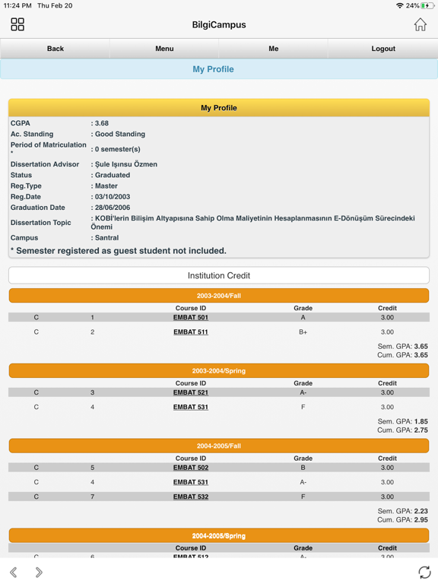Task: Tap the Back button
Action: coord(56,49)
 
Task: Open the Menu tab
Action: coord(164,49)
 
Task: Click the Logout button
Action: coord(383,49)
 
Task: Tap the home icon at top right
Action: coord(420,25)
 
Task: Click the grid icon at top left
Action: coord(17,25)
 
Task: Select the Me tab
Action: coord(274,49)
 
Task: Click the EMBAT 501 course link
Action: coord(191,318)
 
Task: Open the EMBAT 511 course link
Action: coord(191,332)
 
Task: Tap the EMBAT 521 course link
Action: coord(191,393)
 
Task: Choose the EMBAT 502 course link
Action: coord(191,468)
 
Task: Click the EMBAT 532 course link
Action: coord(191,497)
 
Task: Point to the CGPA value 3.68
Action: coord(102,123)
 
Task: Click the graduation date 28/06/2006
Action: coord(113,208)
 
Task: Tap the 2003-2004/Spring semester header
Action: coord(219,371)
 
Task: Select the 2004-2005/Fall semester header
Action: coord(219,446)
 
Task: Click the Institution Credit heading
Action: coord(219,275)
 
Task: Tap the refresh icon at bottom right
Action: coord(424,572)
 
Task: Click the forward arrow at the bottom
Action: coord(39,572)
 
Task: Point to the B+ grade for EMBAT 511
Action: coord(303,332)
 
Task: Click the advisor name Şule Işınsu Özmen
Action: coord(126,164)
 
